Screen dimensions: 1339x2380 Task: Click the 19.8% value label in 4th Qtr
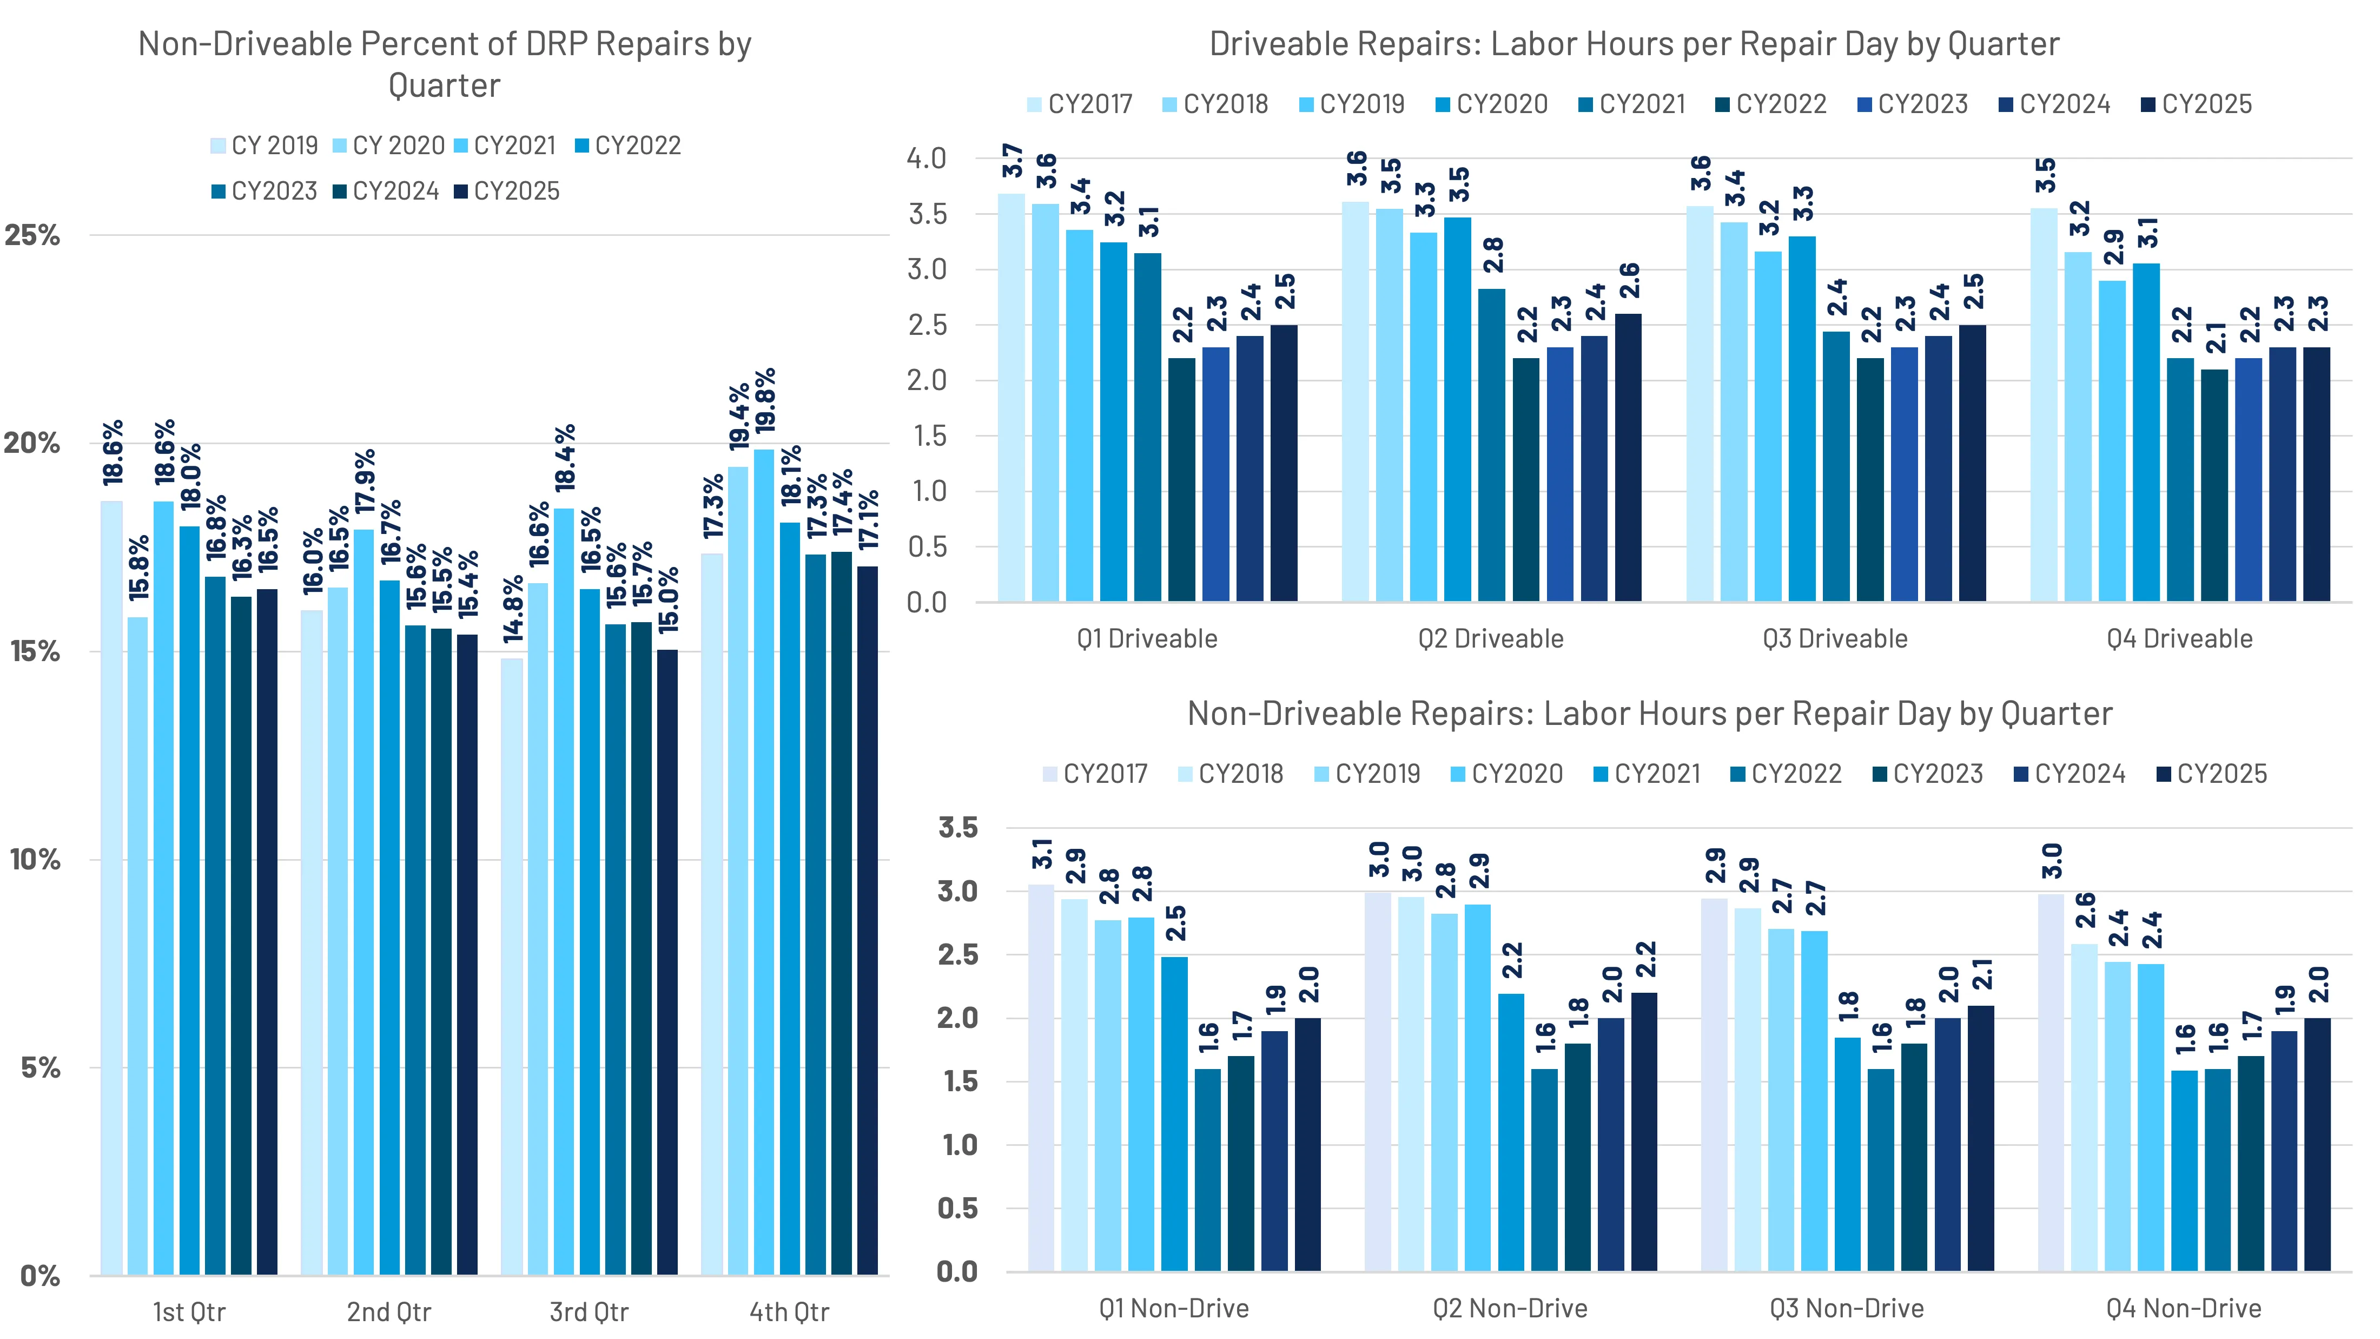click(765, 401)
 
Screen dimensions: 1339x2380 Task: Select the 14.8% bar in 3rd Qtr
click(511, 966)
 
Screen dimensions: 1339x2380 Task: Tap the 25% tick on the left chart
click(32, 236)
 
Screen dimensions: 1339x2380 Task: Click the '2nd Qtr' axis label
click(389, 1311)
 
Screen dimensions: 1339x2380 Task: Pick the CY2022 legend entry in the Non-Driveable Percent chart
click(628, 146)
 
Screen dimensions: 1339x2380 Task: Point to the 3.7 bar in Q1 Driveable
click(1011, 397)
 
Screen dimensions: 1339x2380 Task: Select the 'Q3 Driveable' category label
click(1834, 638)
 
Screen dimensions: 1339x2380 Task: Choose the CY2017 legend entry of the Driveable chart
click(1080, 104)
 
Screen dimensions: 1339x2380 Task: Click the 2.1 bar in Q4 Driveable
click(2214, 485)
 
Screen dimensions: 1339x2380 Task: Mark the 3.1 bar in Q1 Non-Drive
click(1041, 1077)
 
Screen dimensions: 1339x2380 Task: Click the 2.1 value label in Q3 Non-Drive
click(1982, 974)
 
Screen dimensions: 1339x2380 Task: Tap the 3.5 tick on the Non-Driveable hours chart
click(958, 827)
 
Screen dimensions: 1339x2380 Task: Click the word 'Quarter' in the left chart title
click(445, 86)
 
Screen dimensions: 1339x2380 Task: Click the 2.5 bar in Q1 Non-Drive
click(1174, 1113)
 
